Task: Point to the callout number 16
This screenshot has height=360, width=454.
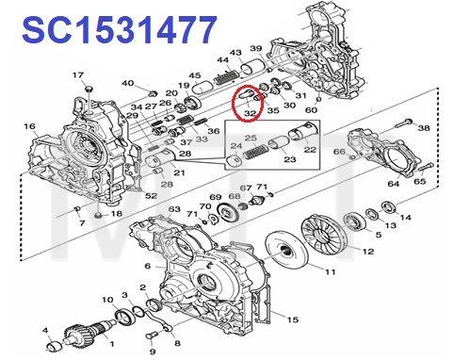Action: click(x=29, y=125)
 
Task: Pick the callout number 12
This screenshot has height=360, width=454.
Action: click(x=368, y=252)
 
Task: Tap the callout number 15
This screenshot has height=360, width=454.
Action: click(x=293, y=319)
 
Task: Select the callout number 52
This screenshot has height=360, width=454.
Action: click(x=151, y=195)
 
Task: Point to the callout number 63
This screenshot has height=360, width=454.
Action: click(x=174, y=209)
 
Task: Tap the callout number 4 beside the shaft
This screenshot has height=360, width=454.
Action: click(x=45, y=330)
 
